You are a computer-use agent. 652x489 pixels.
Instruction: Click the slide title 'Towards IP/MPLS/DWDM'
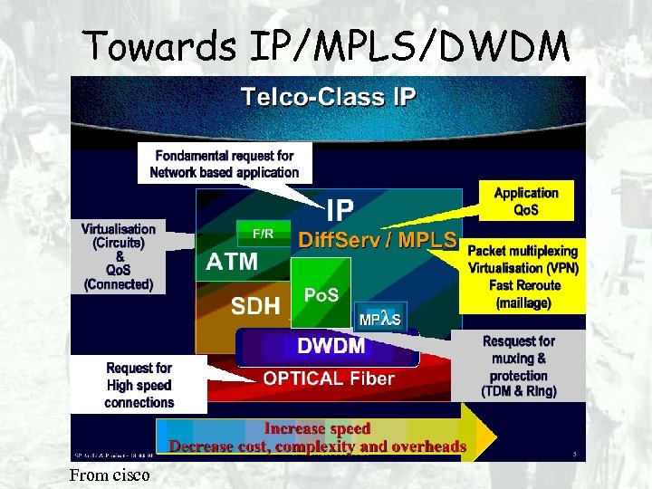[326, 45]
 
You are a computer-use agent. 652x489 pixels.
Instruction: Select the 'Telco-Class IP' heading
[329, 95]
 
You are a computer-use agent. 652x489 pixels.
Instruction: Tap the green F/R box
[263, 234]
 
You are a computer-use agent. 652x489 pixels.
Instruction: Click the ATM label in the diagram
[232, 263]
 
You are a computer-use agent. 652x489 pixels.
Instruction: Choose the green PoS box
[321, 295]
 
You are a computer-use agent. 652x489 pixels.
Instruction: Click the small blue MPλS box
[380, 319]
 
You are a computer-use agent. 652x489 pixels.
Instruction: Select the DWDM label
[331, 346]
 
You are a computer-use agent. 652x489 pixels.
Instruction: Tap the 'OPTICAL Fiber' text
[329, 379]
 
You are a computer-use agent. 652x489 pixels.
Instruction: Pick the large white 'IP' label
[340, 211]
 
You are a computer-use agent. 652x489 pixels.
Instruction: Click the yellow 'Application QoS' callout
[526, 201]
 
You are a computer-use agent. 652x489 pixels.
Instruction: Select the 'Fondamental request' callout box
[224, 163]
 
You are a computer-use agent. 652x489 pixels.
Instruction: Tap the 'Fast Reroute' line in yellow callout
[523, 285]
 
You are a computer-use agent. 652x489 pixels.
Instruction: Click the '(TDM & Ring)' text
[519, 391]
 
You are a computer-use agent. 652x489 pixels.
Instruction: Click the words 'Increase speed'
[317, 428]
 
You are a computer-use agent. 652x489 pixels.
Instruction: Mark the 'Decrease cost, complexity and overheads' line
[318, 446]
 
